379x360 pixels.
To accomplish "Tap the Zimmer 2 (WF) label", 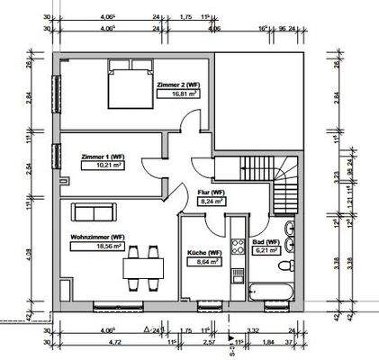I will [177, 85].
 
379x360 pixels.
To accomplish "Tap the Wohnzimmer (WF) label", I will [98, 237].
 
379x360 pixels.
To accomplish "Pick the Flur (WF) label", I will [211, 193].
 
